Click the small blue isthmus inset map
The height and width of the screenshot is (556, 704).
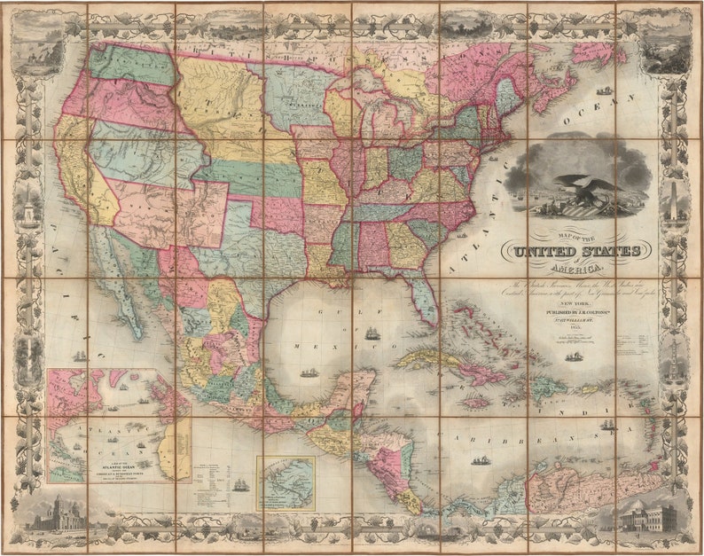(286, 482)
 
